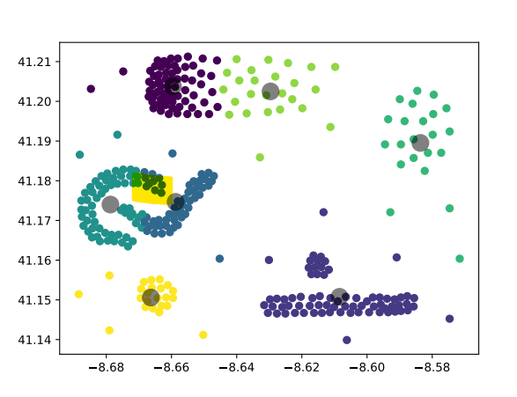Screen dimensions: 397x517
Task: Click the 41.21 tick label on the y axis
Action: click(39, 62)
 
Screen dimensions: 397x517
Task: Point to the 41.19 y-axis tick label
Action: click(39, 141)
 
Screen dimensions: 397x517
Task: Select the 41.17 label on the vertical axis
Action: click(39, 221)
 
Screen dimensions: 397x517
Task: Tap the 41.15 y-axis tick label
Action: click(39, 300)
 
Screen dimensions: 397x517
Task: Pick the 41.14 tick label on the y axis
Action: click(39, 340)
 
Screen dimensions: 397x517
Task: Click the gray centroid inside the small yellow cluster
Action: click(151, 298)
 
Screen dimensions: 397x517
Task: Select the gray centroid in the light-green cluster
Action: click(270, 91)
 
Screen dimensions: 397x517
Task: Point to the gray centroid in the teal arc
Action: click(110, 204)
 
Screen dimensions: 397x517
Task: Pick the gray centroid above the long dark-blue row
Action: click(339, 297)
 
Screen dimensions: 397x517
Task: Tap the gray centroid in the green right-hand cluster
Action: click(420, 143)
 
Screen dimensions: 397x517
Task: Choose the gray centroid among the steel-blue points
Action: click(175, 202)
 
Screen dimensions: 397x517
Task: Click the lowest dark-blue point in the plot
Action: click(347, 340)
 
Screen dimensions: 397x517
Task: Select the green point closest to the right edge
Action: click(460, 259)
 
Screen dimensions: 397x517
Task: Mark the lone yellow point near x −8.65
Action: click(203, 335)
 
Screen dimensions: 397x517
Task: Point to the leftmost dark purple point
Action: click(91, 89)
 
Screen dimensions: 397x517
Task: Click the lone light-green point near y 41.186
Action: click(260, 158)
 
